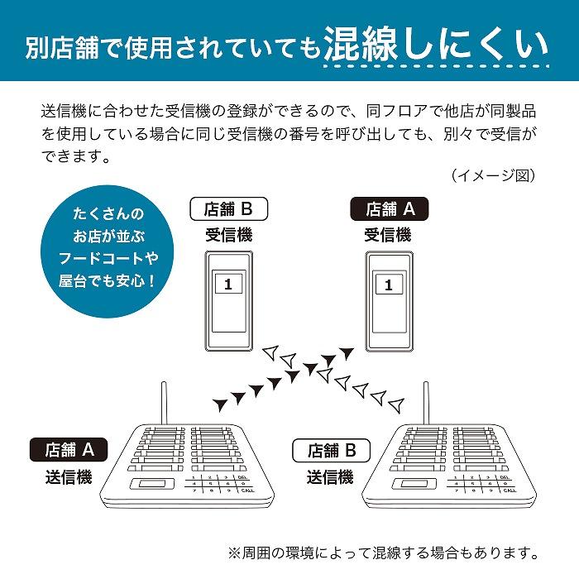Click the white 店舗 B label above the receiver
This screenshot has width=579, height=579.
(x=229, y=209)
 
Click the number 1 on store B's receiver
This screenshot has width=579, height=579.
(x=228, y=284)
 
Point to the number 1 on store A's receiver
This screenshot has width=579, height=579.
(x=387, y=284)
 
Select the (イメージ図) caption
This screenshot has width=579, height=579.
(x=494, y=175)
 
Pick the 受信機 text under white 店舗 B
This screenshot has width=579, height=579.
(x=229, y=235)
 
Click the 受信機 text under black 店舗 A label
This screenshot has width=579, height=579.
(x=388, y=235)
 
